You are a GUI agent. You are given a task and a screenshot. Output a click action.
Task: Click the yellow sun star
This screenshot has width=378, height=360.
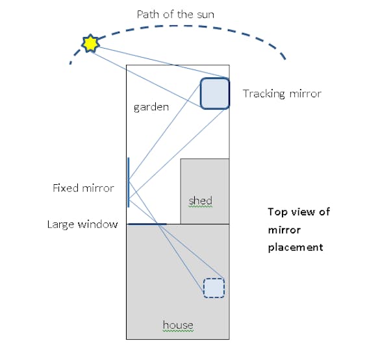90,43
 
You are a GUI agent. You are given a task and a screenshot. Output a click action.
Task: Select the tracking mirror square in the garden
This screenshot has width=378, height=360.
214,93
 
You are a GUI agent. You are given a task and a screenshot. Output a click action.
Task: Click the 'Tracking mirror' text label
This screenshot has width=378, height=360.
282,93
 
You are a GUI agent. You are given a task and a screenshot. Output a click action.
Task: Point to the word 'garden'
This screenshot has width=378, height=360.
151,107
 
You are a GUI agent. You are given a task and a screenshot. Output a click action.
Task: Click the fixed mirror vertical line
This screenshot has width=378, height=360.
128,182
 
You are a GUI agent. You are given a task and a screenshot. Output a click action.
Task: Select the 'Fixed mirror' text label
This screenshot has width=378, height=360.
83,188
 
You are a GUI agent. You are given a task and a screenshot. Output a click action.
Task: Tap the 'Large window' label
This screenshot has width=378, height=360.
82,224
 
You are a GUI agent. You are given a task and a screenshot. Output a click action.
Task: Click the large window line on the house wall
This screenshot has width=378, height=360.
147,224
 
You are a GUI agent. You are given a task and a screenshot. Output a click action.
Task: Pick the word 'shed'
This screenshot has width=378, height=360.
200,201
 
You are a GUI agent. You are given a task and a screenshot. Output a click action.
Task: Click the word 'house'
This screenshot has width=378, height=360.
178,324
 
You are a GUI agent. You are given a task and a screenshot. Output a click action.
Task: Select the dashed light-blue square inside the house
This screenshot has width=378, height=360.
214,287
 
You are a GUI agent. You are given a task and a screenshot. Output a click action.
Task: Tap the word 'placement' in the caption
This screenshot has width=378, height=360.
296,247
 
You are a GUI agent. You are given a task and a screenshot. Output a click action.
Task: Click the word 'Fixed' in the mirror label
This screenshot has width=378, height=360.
66,188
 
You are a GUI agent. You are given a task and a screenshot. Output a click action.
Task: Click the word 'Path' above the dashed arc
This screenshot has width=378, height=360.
147,13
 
